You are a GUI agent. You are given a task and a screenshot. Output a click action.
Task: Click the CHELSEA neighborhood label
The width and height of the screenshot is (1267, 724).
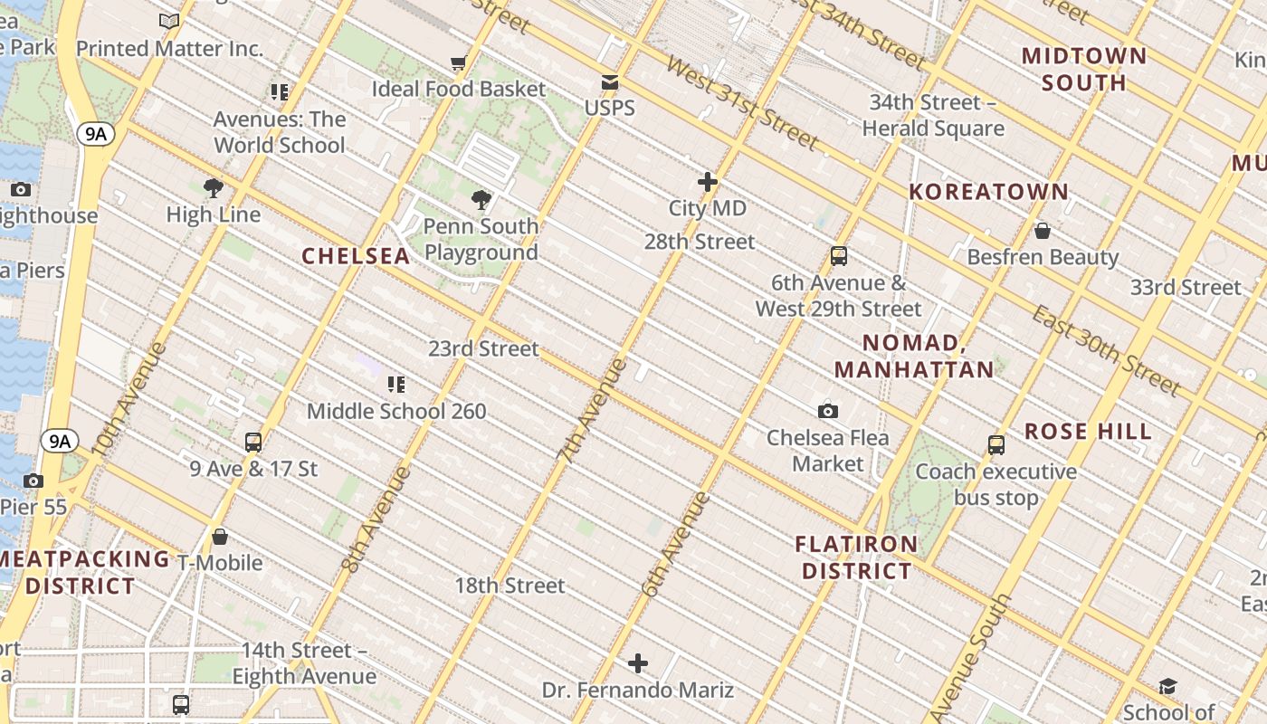click(x=356, y=256)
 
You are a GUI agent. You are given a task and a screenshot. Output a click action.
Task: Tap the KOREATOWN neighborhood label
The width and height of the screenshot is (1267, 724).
click(x=989, y=192)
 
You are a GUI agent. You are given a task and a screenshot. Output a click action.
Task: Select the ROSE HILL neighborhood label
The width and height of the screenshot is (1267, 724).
click(x=1088, y=432)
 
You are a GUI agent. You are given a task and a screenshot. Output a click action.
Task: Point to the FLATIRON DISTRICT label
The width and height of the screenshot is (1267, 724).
click(x=856, y=557)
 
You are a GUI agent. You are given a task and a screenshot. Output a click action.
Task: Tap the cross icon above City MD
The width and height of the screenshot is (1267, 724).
click(x=708, y=183)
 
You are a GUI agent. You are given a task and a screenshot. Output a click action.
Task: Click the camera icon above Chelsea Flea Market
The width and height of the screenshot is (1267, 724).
click(x=827, y=412)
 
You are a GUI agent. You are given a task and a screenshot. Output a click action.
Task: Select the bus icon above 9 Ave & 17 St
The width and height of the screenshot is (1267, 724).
click(x=253, y=443)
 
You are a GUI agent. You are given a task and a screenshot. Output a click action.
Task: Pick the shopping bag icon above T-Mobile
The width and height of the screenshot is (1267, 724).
click(x=219, y=537)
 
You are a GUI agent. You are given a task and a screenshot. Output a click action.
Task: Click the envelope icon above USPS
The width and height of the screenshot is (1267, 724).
click(x=610, y=82)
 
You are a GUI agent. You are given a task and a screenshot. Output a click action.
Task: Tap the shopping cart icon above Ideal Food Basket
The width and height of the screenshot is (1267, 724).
click(x=459, y=63)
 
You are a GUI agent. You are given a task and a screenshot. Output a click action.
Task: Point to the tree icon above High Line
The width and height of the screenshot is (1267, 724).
click(x=214, y=188)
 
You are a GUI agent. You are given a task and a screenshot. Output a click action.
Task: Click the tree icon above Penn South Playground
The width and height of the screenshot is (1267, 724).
click(x=481, y=200)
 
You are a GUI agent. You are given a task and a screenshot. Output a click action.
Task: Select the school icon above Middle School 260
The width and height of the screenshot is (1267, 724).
click(x=395, y=385)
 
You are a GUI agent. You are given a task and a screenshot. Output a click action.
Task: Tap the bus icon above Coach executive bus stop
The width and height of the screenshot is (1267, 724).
click(x=996, y=445)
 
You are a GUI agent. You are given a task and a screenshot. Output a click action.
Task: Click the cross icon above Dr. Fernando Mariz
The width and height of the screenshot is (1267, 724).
click(x=638, y=664)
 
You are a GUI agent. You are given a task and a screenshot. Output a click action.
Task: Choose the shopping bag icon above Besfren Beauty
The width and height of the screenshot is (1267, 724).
click(x=1043, y=231)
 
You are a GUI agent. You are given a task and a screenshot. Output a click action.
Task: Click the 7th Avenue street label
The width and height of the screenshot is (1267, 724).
click(x=593, y=412)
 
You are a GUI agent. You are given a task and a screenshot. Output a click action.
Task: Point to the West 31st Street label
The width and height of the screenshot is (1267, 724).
click(x=741, y=102)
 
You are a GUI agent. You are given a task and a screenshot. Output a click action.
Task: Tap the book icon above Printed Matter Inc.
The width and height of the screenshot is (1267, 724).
click(x=169, y=22)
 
